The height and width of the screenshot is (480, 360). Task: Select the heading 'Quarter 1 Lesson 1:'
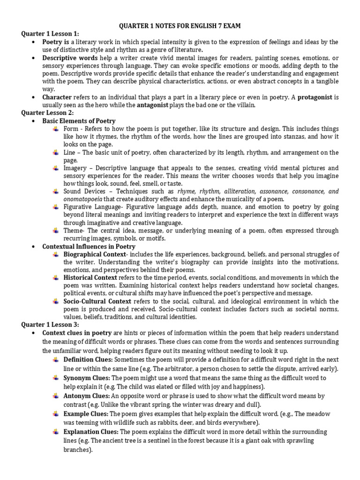(x=50, y=34)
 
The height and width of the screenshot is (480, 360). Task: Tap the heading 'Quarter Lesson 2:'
(x=48, y=112)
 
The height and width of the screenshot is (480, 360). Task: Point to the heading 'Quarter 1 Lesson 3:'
(x=50, y=324)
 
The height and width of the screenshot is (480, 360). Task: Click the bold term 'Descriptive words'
(x=70, y=58)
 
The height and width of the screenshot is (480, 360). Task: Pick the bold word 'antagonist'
(x=152, y=105)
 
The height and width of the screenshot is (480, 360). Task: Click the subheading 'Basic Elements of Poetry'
(x=79, y=120)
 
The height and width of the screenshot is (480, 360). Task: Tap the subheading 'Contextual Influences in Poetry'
(x=89, y=246)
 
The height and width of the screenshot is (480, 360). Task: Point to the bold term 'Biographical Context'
(x=93, y=254)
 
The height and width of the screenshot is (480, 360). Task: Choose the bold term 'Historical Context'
(x=90, y=277)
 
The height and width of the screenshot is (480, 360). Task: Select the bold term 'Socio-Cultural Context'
(x=97, y=301)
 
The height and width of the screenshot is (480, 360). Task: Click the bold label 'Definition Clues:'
(x=88, y=359)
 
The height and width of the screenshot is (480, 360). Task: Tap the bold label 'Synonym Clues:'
(x=87, y=378)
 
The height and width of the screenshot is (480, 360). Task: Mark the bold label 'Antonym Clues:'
(x=86, y=396)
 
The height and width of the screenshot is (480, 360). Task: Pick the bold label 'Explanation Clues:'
(x=91, y=432)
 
